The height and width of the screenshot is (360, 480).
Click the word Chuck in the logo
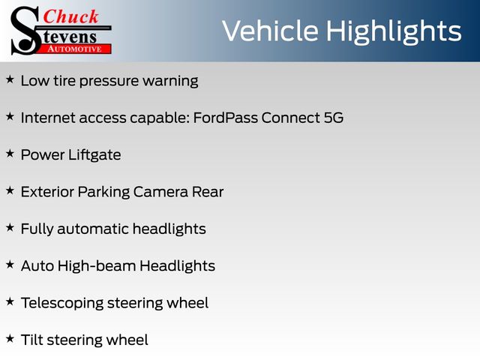(70, 16)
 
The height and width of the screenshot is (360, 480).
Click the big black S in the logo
(25, 31)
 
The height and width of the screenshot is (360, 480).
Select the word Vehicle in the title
(270, 31)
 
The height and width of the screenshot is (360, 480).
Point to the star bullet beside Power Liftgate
(10, 153)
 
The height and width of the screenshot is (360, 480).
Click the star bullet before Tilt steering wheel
(10, 338)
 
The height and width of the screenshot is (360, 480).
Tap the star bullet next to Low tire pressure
(10, 79)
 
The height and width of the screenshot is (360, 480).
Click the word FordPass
(226, 118)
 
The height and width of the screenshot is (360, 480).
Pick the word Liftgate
(94, 155)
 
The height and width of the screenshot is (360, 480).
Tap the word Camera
(160, 192)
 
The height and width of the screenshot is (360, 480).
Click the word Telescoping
(62, 303)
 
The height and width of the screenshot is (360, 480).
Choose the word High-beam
(97, 265)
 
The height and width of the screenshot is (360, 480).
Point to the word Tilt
(32, 340)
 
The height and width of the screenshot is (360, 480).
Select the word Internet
(48, 118)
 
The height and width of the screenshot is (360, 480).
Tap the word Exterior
(47, 192)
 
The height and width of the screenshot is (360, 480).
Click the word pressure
(109, 82)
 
